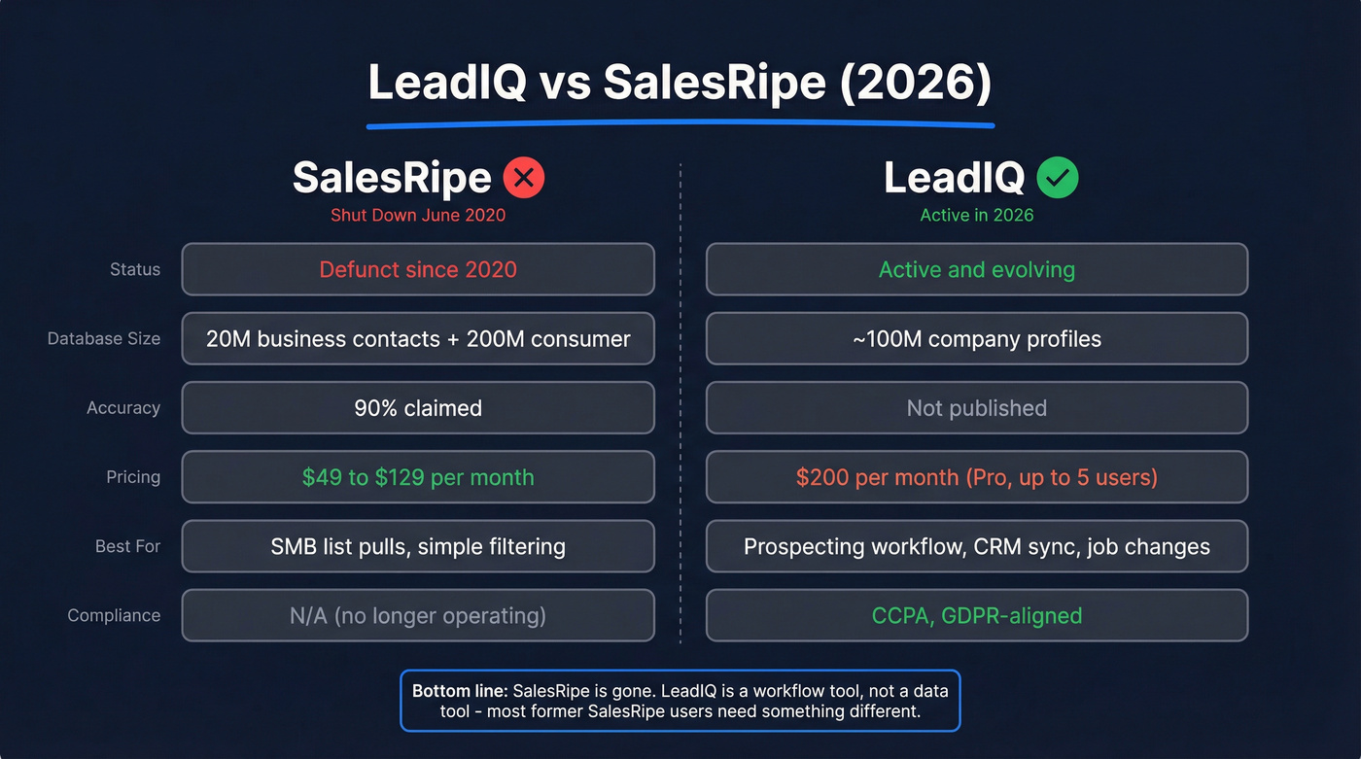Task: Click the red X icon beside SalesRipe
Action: [x=524, y=178]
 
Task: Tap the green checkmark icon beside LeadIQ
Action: [x=1058, y=178]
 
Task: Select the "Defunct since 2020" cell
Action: [x=418, y=269]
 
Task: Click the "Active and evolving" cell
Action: [x=976, y=269]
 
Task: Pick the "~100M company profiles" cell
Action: [x=976, y=339]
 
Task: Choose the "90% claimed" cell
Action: [x=418, y=408]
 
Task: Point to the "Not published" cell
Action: [x=976, y=408]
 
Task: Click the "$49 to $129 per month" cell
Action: [x=418, y=477]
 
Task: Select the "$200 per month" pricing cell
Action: [x=976, y=477]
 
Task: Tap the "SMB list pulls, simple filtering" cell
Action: [x=418, y=546]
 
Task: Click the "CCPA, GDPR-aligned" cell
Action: [x=976, y=615]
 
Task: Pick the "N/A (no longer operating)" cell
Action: [x=418, y=615]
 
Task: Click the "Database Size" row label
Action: [x=104, y=339]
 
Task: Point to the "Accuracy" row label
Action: [x=123, y=408]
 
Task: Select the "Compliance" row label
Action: [x=114, y=615]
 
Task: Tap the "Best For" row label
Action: [x=127, y=546]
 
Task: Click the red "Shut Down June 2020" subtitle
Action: [x=418, y=215]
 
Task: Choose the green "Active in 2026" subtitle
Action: [x=976, y=215]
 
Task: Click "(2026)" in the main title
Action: [x=916, y=84]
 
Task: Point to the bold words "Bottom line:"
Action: [x=460, y=691]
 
